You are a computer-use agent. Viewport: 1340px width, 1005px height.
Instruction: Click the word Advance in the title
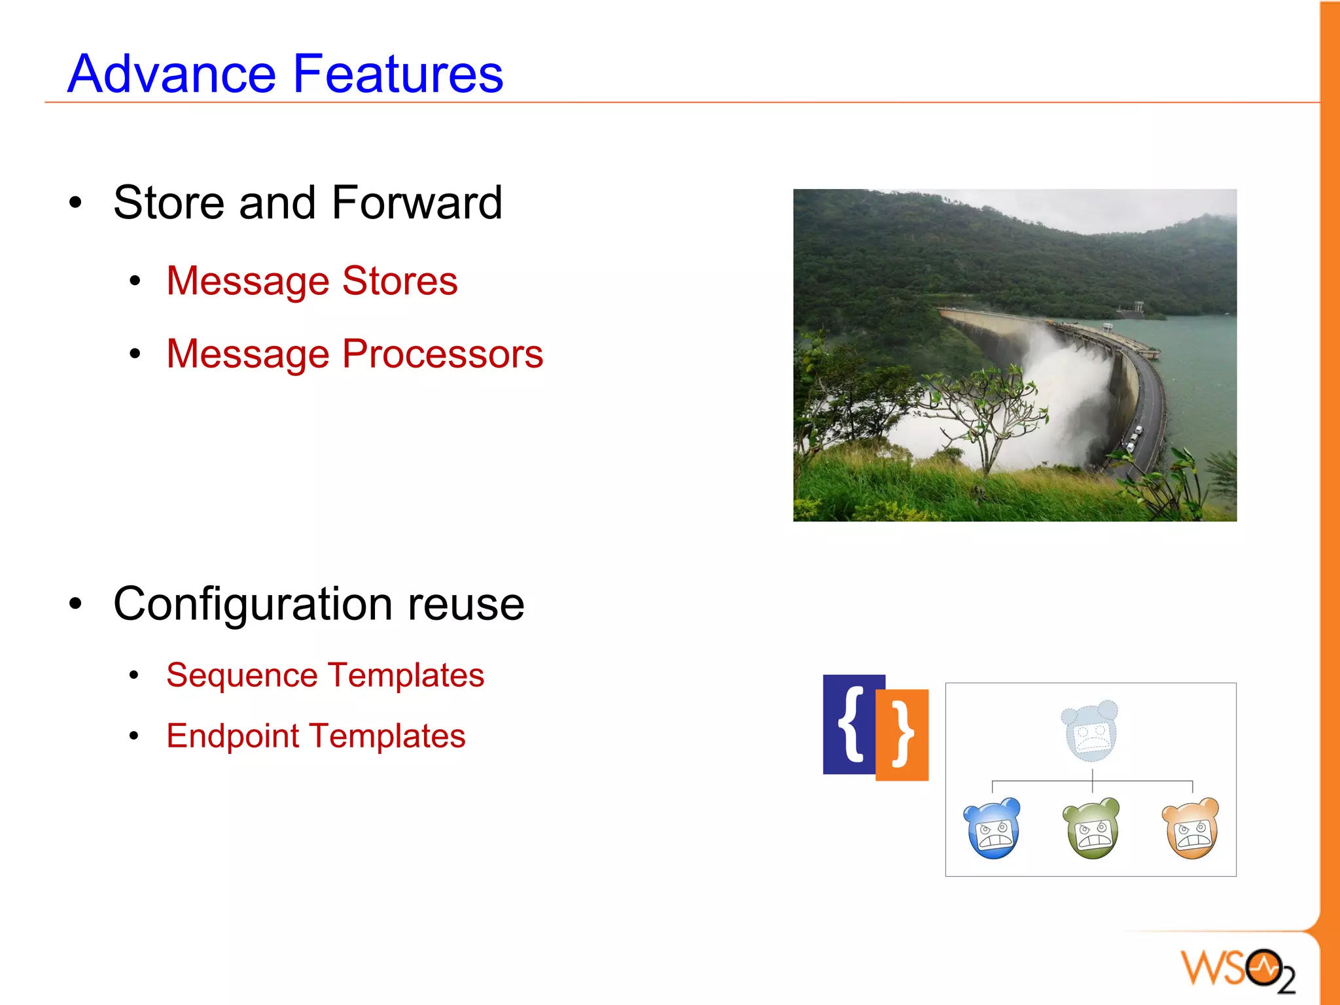(171, 73)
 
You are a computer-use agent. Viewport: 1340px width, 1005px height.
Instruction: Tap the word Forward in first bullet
(417, 203)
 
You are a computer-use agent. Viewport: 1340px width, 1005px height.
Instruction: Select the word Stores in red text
(400, 281)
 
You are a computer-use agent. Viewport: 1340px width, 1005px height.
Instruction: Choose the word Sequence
(241, 675)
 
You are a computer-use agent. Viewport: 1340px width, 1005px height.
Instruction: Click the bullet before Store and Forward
(76, 203)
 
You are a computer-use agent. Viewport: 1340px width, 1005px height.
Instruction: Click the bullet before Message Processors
(135, 354)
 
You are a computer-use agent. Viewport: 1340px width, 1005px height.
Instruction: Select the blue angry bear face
(993, 828)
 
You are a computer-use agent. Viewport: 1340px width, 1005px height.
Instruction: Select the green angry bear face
(1091, 828)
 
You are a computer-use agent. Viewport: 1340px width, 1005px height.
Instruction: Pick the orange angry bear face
(1191, 828)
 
